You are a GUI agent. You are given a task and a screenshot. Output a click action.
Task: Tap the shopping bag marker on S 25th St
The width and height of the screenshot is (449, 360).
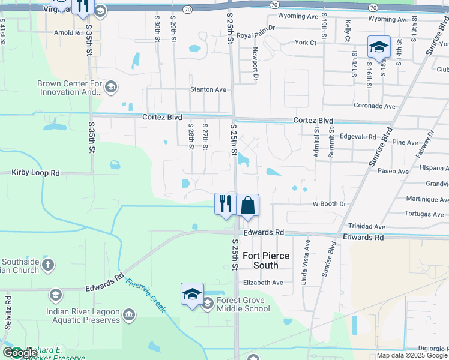(247, 205)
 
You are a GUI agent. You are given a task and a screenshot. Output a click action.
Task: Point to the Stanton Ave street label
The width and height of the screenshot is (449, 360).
(208, 89)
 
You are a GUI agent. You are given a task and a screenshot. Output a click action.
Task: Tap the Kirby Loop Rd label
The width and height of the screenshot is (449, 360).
(36, 173)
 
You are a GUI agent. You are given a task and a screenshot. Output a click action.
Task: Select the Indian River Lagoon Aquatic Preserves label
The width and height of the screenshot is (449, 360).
(83, 316)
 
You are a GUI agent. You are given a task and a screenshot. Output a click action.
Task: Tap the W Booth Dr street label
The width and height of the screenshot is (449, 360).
(330, 204)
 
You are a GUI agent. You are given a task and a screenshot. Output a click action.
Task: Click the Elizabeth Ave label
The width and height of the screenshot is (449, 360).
(263, 283)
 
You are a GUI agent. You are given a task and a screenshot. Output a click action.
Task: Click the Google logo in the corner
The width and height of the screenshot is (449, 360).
(20, 353)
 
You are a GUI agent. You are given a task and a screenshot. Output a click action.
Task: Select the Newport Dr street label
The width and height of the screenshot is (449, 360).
(255, 64)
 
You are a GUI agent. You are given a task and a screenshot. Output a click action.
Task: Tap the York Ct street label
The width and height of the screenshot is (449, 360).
(306, 43)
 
